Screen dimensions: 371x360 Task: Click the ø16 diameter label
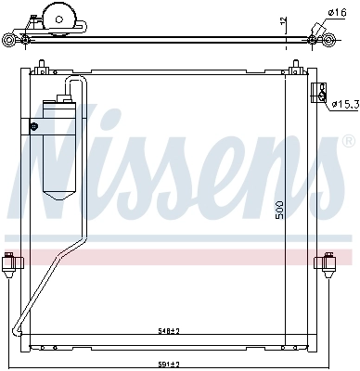[337, 12]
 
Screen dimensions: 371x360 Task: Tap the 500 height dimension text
[279, 209]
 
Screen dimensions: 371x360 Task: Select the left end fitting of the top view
[10, 40]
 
